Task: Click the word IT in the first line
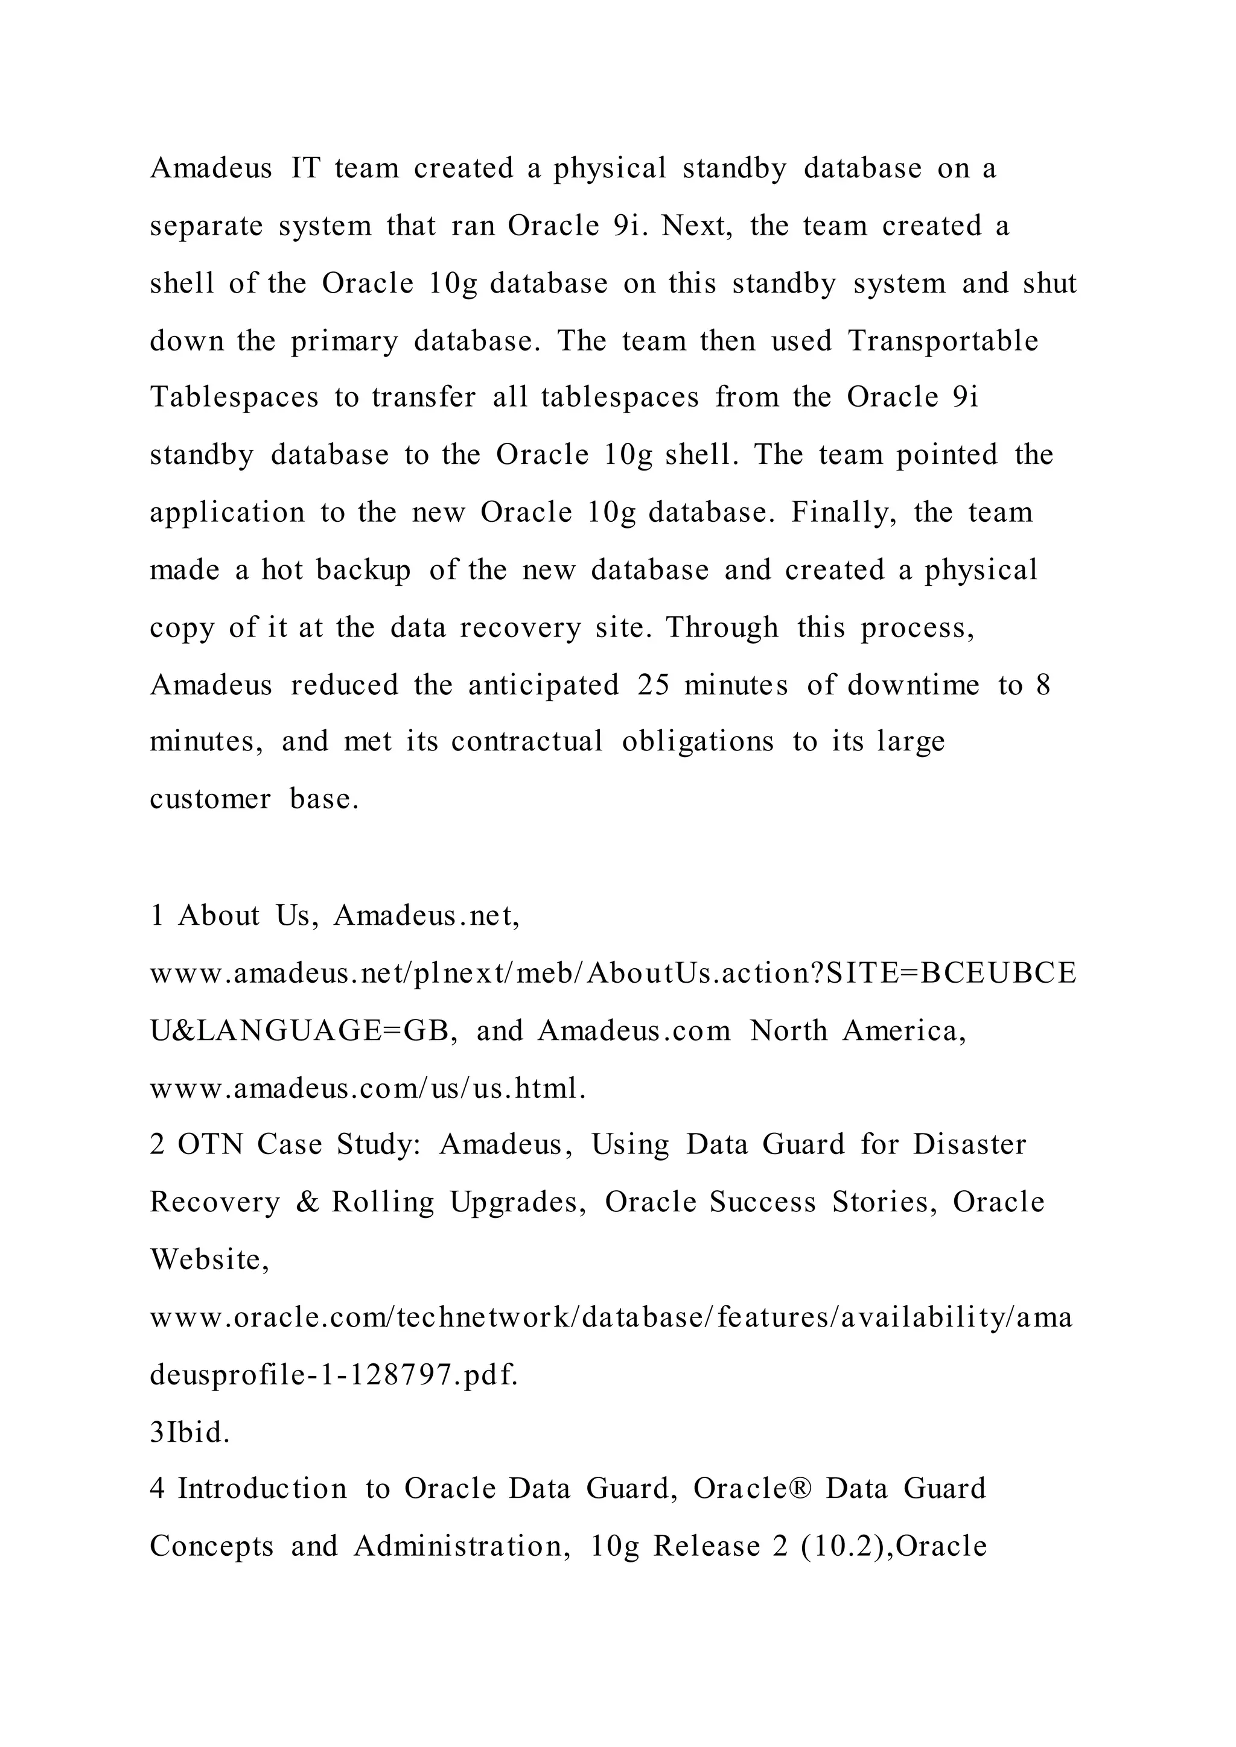coord(306,168)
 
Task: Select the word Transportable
coord(943,341)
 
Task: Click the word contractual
coord(527,742)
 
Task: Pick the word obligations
coord(698,742)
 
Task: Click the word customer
coord(210,800)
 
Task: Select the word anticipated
coord(543,685)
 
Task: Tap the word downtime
coord(913,685)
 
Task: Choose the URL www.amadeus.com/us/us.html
coord(368,1089)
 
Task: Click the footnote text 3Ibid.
coord(190,1433)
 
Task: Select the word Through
coord(722,628)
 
